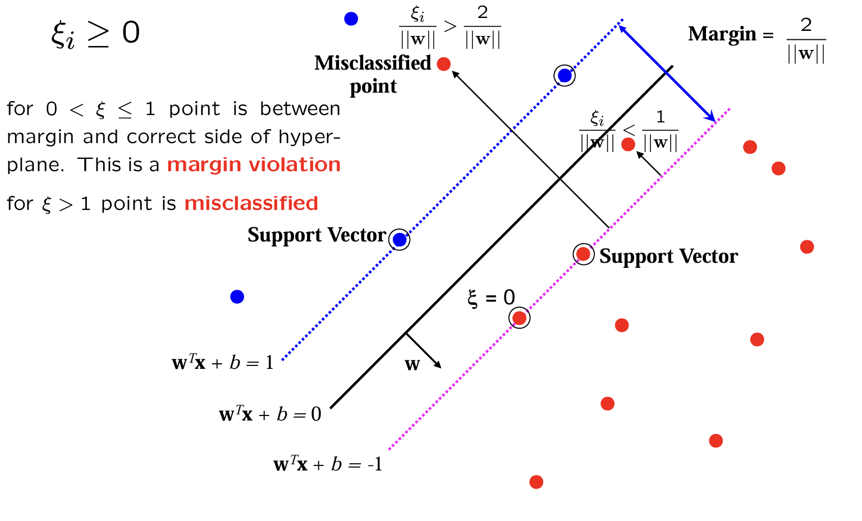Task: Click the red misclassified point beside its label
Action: tap(444, 64)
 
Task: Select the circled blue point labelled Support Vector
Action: tap(400, 240)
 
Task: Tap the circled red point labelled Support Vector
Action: tap(584, 254)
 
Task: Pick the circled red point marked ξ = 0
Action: tap(520, 318)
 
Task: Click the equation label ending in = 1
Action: tap(223, 363)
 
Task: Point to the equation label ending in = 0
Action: tap(270, 414)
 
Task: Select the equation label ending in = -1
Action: tap(328, 464)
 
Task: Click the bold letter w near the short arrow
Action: tap(412, 365)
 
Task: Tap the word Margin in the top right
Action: tap(722, 34)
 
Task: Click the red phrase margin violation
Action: tap(254, 164)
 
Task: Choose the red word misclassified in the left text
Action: tap(251, 203)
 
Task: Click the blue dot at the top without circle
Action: tap(351, 19)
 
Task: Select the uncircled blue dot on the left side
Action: tap(237, 296)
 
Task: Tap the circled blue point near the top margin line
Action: tap(565, 75)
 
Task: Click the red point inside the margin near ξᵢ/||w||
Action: tap(629, 145)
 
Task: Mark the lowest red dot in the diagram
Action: tap(537, 482)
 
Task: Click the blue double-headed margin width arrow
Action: tap(667, 72)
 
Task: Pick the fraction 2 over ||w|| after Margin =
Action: tap(806, 40)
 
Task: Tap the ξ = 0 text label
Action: tap(491, 298)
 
